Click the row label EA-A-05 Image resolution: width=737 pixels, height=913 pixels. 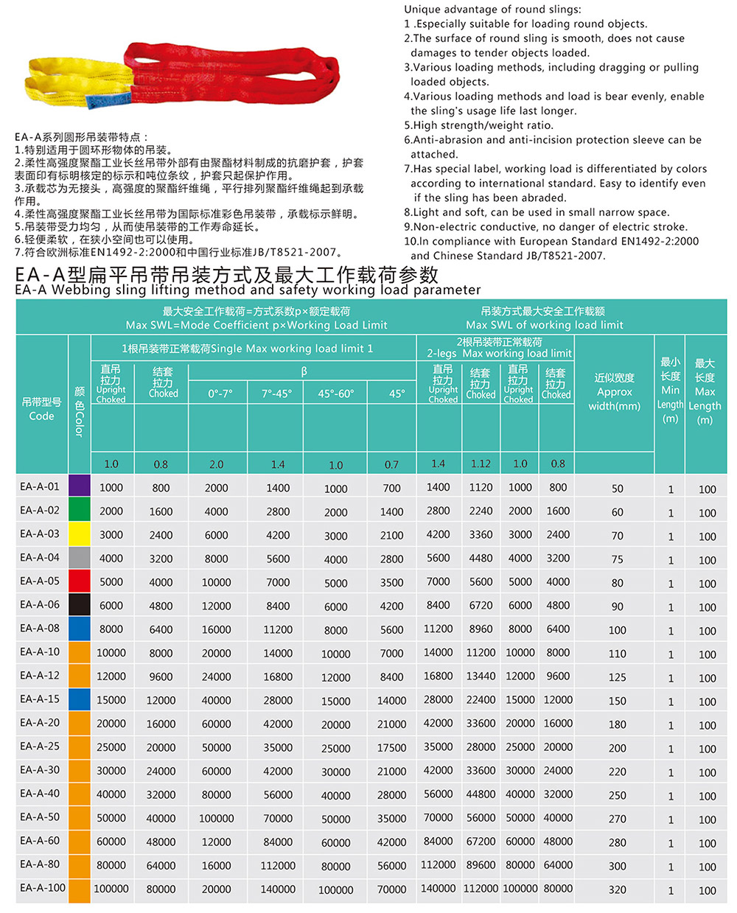coord(40,581)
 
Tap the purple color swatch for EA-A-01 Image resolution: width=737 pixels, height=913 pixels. coord(79,486)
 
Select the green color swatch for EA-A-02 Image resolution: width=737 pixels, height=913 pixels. coord(79,510)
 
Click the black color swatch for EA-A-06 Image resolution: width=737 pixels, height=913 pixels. coord(79,605)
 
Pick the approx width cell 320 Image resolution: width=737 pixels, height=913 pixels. coord(617,890)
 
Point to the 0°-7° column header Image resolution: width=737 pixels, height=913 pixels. coord(218,393)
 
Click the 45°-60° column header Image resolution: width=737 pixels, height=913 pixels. coord(335,393)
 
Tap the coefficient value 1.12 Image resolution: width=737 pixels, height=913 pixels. coord(481,464)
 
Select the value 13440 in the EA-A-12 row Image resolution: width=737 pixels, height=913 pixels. coord(481,676)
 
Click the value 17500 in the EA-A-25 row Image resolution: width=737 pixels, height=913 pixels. coord(391,747)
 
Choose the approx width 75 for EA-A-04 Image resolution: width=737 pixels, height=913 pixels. coord(617,559)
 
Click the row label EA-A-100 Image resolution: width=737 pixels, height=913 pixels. coord(43,888)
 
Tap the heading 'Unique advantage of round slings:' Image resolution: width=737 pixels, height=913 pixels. coord(492,10)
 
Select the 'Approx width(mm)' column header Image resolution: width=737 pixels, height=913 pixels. coord(614,391)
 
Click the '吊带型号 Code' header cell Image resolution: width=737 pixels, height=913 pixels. coord(41,409)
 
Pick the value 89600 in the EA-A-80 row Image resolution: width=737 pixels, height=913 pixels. coord(481,865)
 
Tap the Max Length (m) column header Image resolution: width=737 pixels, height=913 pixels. coord(705,391)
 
